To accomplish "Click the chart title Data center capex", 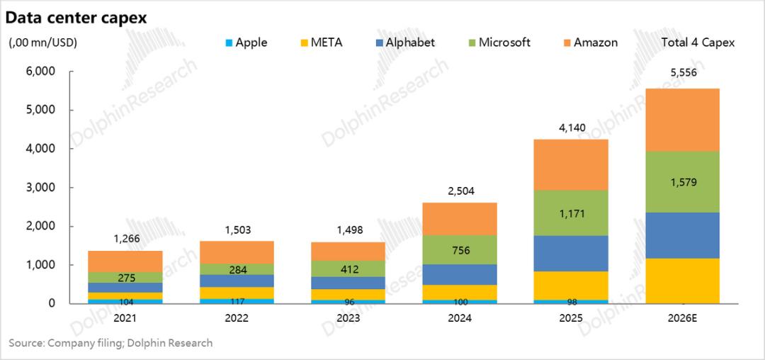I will click(x=77, y=18).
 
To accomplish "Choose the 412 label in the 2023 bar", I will click(x=348, y=269).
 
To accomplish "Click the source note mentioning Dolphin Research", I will click(x=110, y=344).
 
